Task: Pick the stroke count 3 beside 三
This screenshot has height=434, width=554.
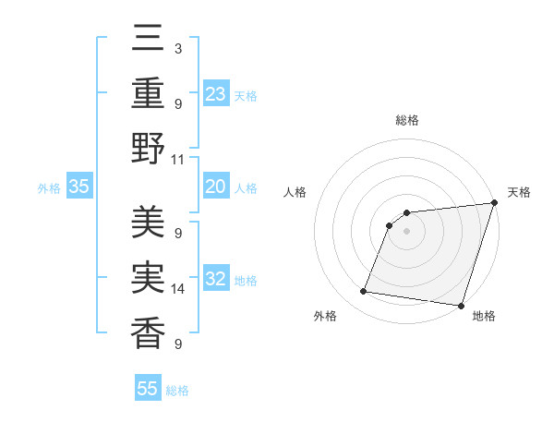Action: (x=177, y=48)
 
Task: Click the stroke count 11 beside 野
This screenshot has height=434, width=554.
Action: (x=178, y=158)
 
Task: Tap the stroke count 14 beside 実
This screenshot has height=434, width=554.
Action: (x=178, y=289)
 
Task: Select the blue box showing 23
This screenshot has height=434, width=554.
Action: (x=216, y=93)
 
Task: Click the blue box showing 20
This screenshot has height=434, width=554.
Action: (x=216, y=187)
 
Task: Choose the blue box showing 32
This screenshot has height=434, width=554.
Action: (x=216, y=279)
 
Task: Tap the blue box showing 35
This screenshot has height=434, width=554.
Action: (x=78, y=187)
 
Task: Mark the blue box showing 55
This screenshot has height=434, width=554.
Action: (x=148, y=389)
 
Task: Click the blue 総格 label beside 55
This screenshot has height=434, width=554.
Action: (x=177, y=391)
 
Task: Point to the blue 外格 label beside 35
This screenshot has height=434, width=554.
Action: (x=49, y=188)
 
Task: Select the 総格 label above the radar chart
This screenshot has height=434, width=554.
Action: (x=407, y=120)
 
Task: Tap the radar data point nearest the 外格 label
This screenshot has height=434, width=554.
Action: (x=364, y=292)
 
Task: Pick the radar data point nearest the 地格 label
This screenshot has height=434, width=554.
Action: (x=461, y=306)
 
